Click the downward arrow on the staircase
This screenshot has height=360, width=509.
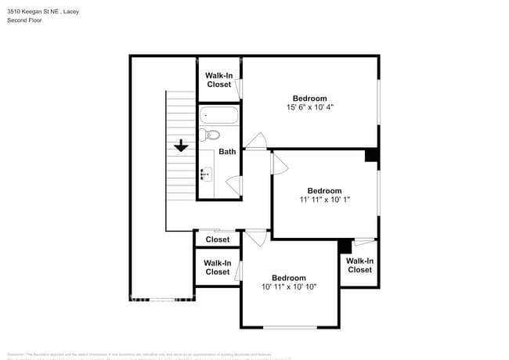click(x=181, y=146)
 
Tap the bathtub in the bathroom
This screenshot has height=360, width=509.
click(x=218, y=116)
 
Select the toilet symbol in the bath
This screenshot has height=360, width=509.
click(x=211, y=135)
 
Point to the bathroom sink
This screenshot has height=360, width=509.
click(x=206, y=174)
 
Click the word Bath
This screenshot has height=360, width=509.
click(x=227, y=152)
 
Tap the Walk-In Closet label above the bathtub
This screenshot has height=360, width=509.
click(x=218, y=80)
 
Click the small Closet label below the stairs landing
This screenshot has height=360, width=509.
click(x=217, y=239)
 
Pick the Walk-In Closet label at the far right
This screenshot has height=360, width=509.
click(x=359, y=265)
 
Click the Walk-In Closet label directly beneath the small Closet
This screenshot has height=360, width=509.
click(x=217, y=268)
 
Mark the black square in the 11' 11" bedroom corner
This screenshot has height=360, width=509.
click(x=372, y=155)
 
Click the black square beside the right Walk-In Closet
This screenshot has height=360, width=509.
click(x=345, y=246)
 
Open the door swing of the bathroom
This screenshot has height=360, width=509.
click(x=233, y=185)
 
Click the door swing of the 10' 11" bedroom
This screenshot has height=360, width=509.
click(x=256, y=238)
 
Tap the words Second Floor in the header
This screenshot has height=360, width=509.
click(x=24, y=20)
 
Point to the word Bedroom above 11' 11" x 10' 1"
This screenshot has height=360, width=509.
click(x=324, y=191)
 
